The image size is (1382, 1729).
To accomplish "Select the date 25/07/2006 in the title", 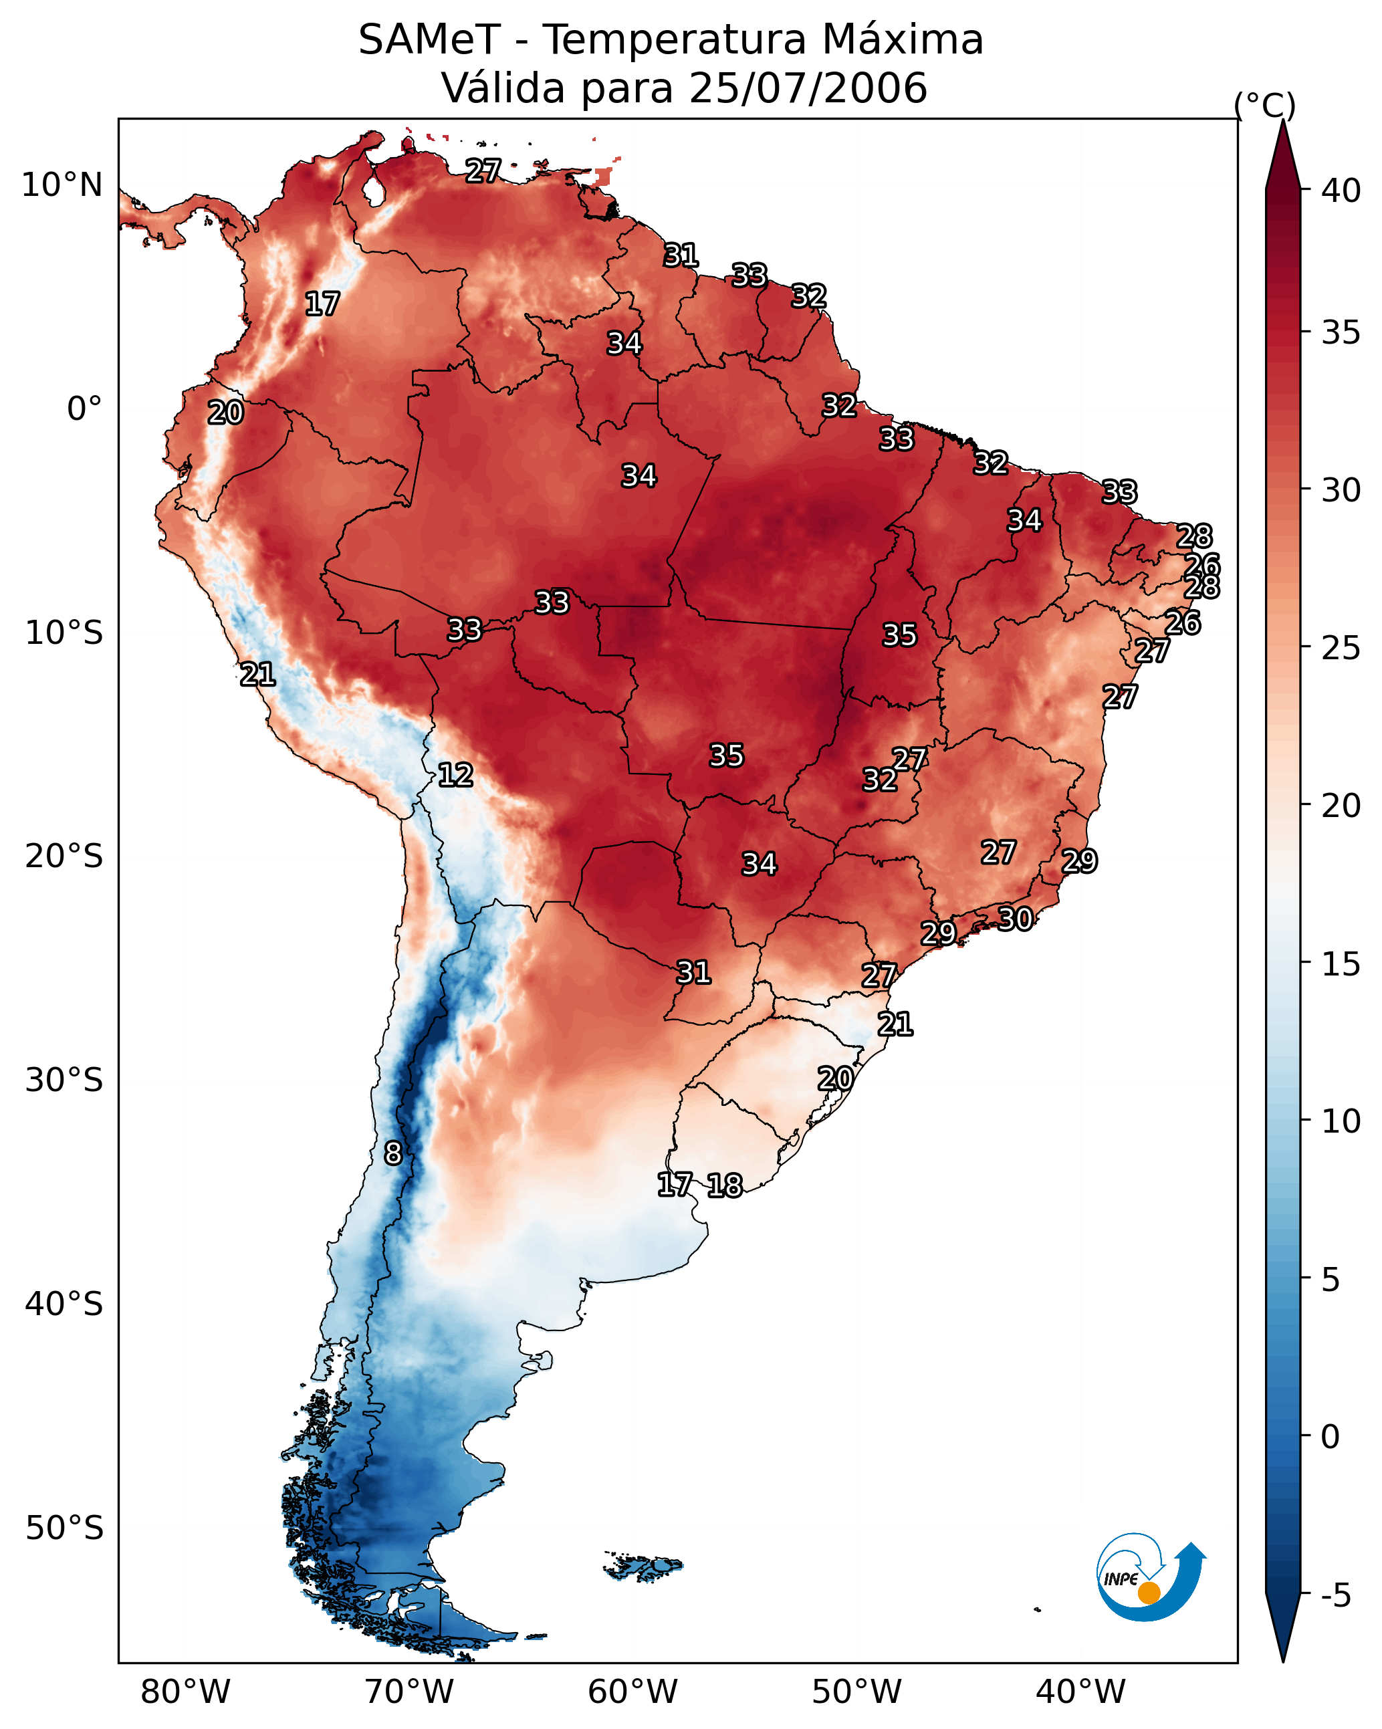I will [807, 88].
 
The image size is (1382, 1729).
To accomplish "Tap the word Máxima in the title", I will [903, 40].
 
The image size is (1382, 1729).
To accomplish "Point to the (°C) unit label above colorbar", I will [1264, 105].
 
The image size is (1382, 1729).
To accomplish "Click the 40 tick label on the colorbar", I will [1341, 191].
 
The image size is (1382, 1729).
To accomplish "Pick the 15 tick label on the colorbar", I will [1341, 964].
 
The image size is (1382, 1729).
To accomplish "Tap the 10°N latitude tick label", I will [62, 185].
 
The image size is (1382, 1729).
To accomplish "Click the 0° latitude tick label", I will [84, 409].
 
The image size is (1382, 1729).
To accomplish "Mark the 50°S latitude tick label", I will [64, 1528].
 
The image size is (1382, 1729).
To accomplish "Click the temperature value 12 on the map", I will [455, 775].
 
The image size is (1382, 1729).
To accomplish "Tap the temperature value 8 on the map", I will [392, 1153].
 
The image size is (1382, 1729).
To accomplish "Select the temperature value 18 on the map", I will [724, 1185].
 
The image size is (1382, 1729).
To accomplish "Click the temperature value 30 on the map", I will [1015, 918].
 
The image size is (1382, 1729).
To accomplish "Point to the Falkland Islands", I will [644, 1567].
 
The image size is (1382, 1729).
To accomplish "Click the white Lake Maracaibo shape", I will [373, 191].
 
